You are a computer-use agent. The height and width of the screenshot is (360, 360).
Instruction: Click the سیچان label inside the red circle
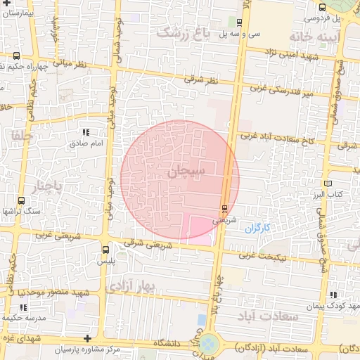[186, 171]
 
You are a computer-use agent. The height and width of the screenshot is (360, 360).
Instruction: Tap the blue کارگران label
[257, 229]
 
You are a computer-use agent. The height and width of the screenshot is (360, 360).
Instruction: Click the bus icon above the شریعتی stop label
[224, 208]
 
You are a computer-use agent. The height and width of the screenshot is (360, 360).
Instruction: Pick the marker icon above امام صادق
[86, 132]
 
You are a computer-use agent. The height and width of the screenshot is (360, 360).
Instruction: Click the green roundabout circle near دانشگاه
[208, 345]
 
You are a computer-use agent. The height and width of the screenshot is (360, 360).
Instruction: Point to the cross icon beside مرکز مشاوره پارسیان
[86, 339]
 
